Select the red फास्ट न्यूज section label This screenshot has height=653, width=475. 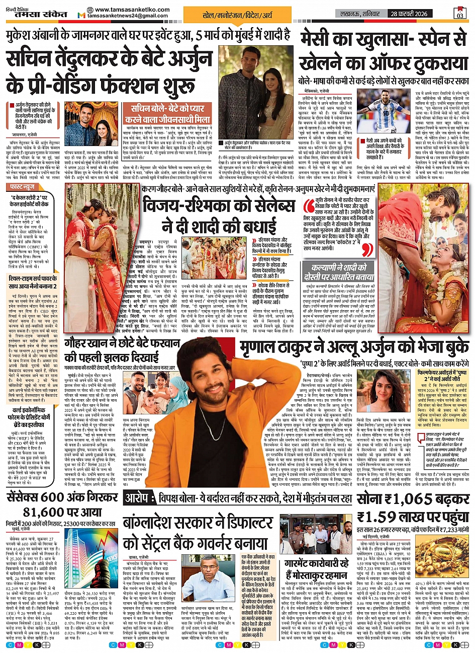click(23, 186)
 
